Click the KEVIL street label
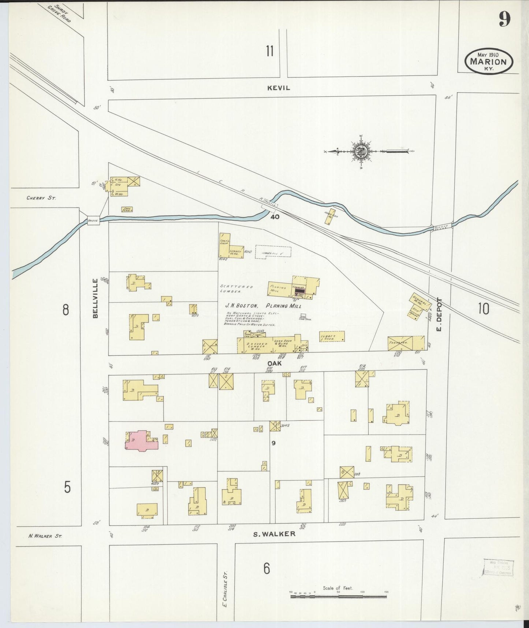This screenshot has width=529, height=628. [279, 88]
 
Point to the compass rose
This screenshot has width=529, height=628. [361, 151]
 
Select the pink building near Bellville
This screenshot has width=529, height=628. [141, 442]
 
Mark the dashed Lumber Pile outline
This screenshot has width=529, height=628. [273, 252]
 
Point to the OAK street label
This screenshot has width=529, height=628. [277, 363]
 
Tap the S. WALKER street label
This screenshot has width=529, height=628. [274, 534]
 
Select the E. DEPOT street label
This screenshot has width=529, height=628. [440, 314]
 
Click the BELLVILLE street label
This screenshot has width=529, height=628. [96, 298]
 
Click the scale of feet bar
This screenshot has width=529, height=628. [338, 596]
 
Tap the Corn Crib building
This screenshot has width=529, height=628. [127, 209]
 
